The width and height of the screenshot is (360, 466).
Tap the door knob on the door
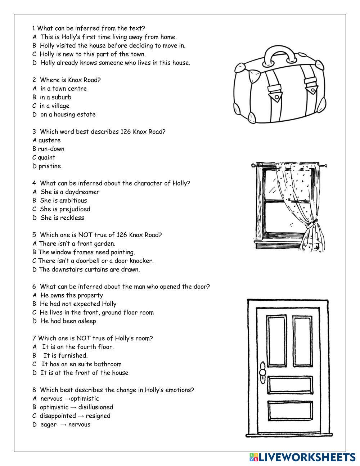click(262, 371)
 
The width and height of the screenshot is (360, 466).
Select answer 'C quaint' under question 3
click(44, 157)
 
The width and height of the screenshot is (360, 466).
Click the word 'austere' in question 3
click(50, 140)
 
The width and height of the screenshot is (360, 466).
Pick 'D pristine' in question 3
click(47, 166)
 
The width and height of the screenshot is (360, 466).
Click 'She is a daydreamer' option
click(70, 192)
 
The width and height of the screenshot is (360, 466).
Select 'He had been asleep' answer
click(68, 321)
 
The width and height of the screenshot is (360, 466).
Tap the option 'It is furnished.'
click(66, 355)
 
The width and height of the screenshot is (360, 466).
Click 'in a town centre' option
click(63, 89)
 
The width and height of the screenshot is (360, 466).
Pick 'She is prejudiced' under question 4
click(65, 209)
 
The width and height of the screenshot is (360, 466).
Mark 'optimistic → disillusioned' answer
click(76, 407)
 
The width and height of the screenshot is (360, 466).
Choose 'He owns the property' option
click(72, 295)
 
